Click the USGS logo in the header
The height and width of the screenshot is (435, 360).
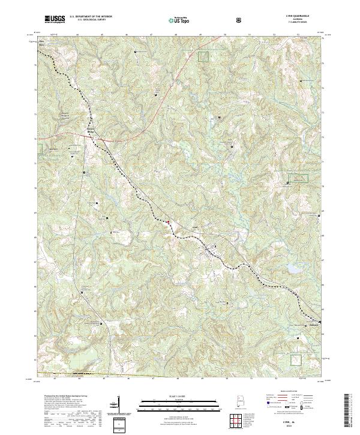pos(54,20)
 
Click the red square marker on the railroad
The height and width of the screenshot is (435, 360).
pos(168,222)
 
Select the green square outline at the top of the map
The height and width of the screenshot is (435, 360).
pos(204,56)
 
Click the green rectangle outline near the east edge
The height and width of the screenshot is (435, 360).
pos(298,178)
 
